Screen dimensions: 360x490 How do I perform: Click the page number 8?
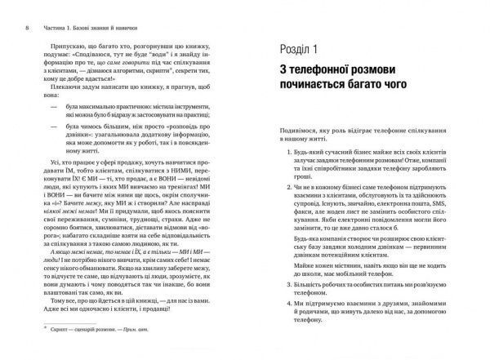click(x=7, y=10)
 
